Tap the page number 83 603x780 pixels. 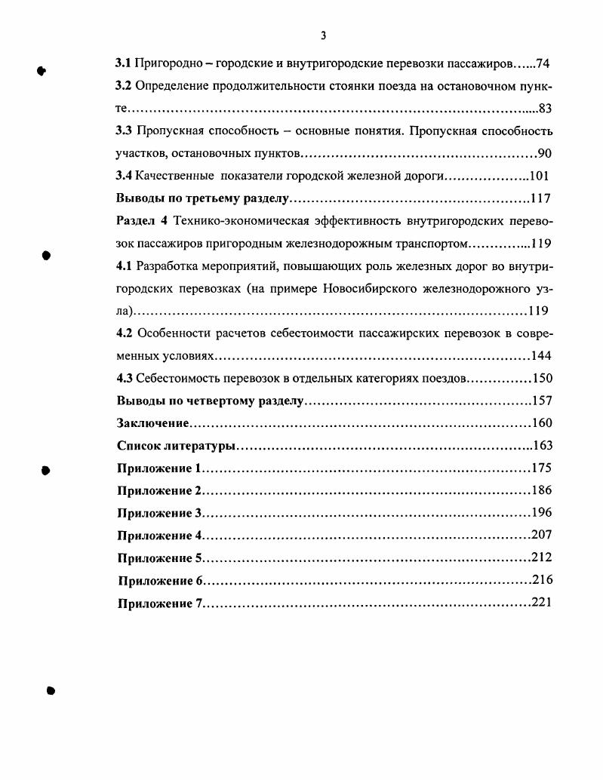click(x=546, y=109)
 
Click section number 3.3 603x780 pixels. click(x=124, y=131)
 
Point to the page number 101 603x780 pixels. click(x=538, y=177)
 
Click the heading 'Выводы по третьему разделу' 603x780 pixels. click(x=202, y=199)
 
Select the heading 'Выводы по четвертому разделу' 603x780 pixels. click(x=209, y=401)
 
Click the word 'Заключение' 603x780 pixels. click(x=152, y=423)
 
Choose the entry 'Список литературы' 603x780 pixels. click(x=177, y=446)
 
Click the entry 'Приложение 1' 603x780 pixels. click(x=160, y=468)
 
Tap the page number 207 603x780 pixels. click(x=542, y=535)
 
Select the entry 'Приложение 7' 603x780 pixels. click(x=160, y=603)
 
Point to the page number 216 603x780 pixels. click(x=542, y=580)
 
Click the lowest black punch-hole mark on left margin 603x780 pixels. click(x=51, y=689)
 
